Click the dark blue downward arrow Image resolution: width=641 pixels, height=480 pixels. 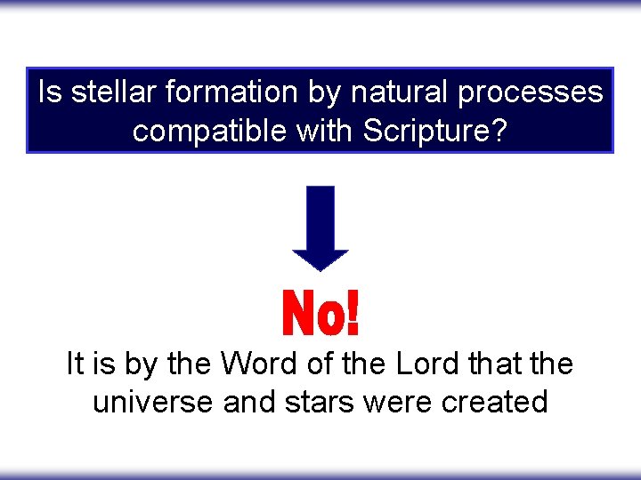pos(320,228)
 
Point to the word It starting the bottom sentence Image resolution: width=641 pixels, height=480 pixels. pos(77,364)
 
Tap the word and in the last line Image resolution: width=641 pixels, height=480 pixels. pos(252,402)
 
